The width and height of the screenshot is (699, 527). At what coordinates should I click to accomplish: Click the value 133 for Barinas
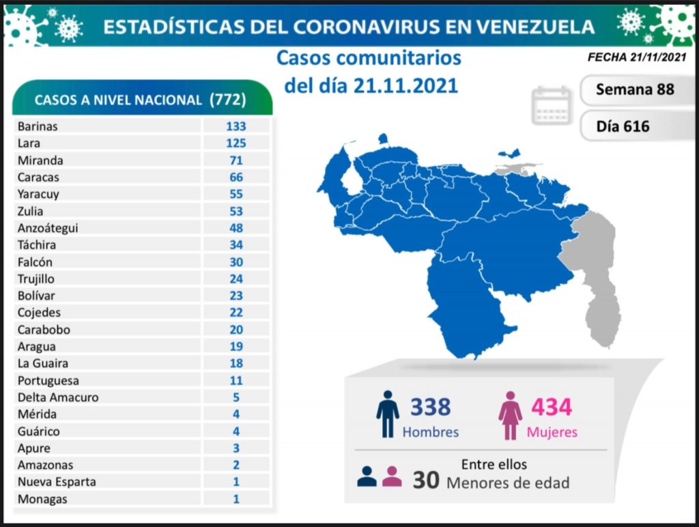[x=236, y=126]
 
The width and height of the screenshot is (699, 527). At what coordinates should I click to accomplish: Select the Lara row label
[x=29, y=143]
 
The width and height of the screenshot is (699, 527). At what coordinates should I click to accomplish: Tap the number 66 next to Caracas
[x=236, y=177]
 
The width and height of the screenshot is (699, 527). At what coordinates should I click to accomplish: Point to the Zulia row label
[x=31, y=211]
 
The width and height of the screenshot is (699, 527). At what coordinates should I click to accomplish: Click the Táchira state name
[x=38, y=244]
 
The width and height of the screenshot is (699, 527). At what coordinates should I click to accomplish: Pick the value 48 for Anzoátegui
[x=236, y=228]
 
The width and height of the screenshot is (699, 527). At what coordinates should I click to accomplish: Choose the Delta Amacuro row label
[x=58, y=397]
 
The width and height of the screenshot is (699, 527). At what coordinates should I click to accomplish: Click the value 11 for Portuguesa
[x=236, y=380]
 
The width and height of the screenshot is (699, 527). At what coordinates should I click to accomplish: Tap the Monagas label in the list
[x=43, y=499]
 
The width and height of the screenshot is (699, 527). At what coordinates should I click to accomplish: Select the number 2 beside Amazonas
[x=236, y=465]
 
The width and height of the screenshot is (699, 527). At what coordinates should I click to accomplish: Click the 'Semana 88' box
[x=634, y=89]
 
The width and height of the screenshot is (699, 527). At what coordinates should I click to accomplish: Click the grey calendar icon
[x=552, y=106]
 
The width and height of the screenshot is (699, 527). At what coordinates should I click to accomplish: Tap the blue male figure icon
[x=387, y=414]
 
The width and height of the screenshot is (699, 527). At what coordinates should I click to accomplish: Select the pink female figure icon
[x=510, y=416]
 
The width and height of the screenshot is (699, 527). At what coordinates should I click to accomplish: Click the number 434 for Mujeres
[x=552, y=408]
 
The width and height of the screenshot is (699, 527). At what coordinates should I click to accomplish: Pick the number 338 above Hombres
[x=430, y=408]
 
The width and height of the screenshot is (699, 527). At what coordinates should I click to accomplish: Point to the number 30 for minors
[x=425, y=481]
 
